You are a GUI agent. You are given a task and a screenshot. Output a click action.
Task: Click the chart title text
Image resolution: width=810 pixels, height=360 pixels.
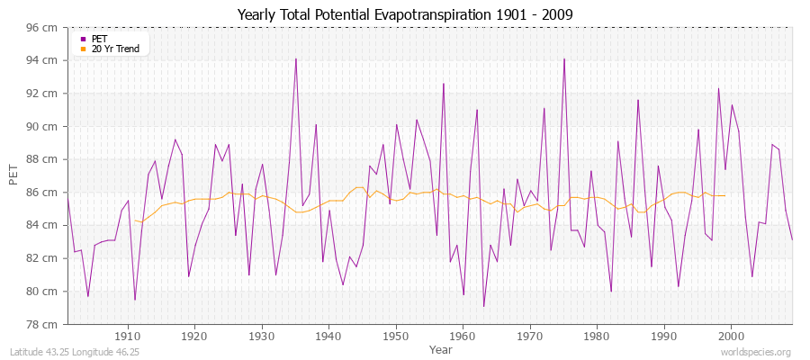coord(405,14)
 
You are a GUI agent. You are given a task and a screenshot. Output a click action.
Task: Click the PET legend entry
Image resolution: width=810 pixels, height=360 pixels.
coord(98,39)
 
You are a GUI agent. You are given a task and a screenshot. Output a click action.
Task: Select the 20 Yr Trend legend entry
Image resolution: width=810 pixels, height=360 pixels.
coord(115,49)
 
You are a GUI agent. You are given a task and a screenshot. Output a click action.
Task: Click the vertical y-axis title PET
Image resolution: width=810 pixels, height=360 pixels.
coord(13,175)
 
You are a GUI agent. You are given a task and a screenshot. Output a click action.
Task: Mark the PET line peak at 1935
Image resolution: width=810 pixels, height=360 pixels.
coord(295,59)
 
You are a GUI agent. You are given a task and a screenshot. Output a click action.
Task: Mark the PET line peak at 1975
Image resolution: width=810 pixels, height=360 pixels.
coord(564,59)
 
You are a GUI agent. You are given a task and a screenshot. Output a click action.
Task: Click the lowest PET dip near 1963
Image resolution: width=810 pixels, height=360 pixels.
coord(483,306)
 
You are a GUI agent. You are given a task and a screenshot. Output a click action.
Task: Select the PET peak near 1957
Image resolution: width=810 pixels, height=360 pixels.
coord(443,84)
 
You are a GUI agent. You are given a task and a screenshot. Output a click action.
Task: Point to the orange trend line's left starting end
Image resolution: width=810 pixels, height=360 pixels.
coord(135,220)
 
